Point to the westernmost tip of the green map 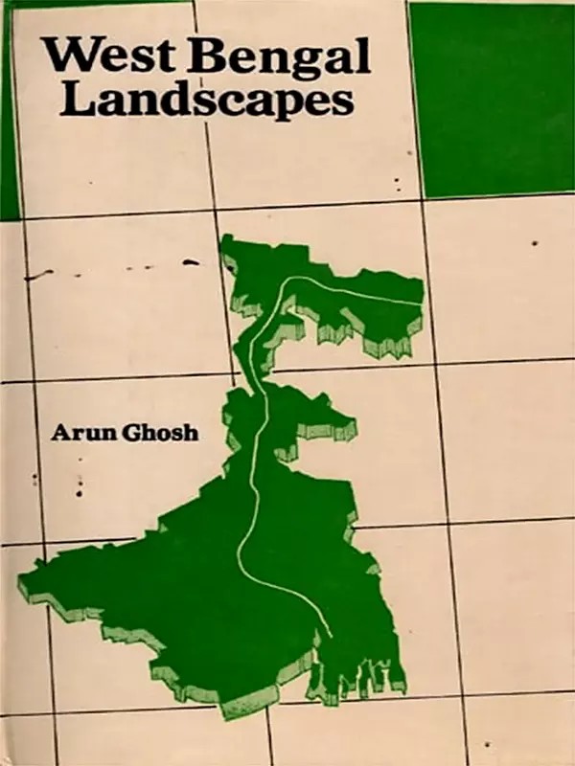point(21,581)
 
